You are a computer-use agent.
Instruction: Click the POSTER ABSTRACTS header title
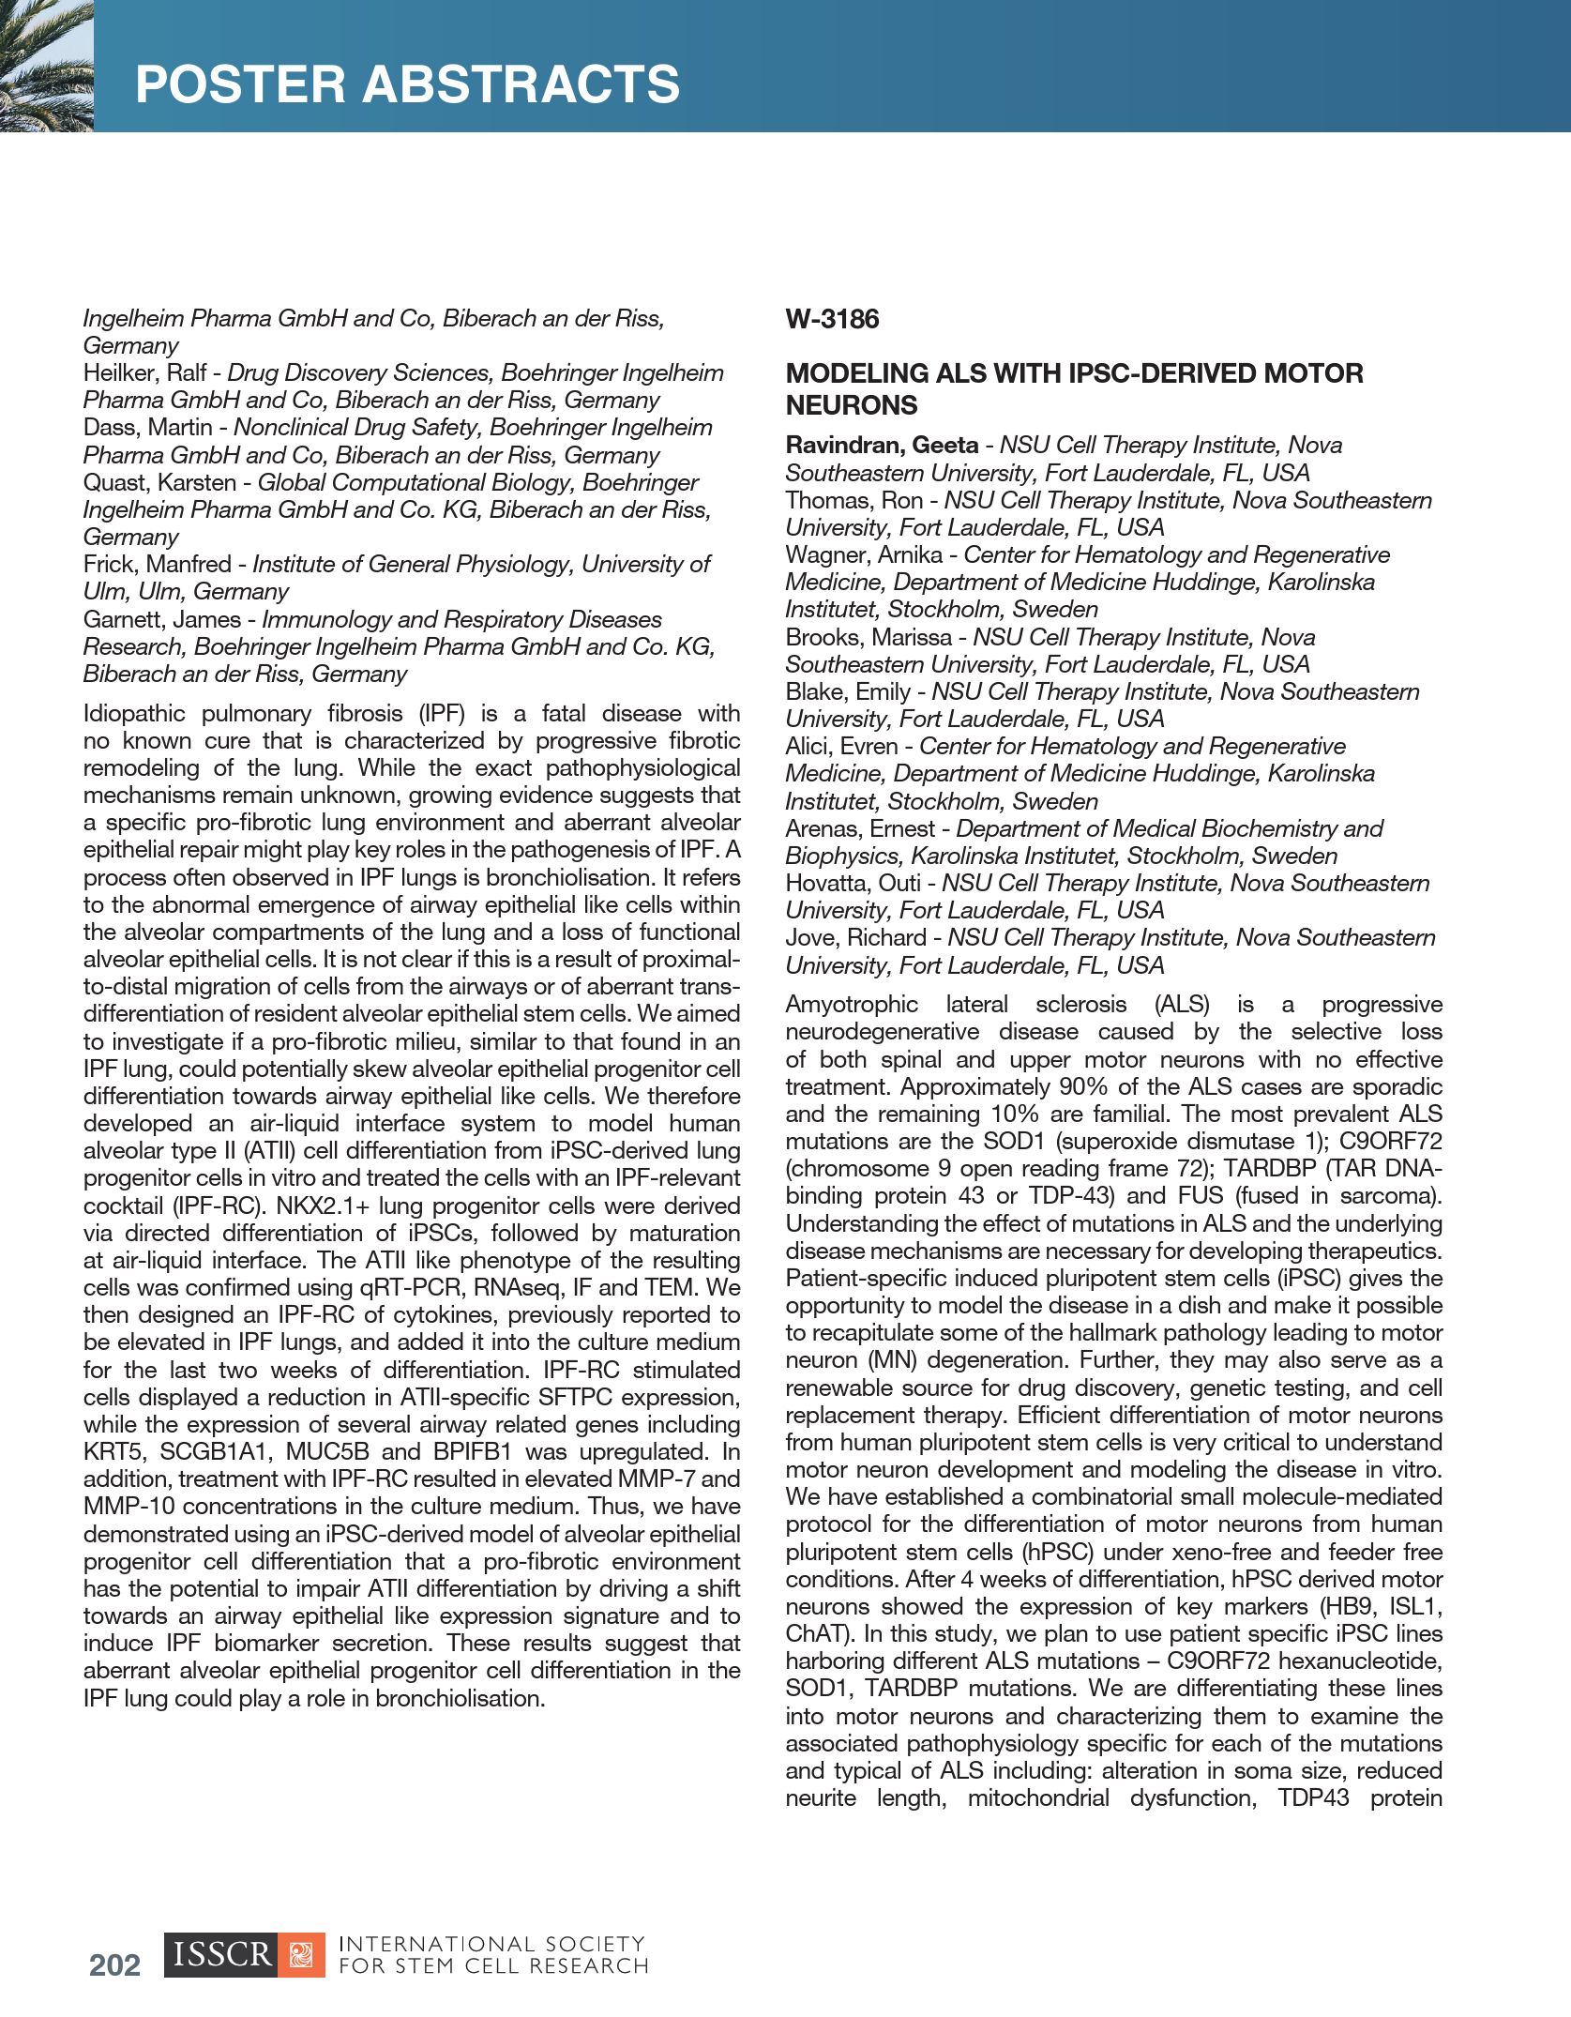[x=407, y=84]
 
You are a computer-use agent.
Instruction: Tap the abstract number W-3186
[x=832, y=320]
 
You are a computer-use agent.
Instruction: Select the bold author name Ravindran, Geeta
[x=882, y=446]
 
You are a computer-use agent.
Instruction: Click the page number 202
[x=114, y=1964]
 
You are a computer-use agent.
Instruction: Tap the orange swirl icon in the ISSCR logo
[x=301, y=1954]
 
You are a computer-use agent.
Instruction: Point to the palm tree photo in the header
[x=46, y=66]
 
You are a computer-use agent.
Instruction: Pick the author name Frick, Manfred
[x=157, y=565]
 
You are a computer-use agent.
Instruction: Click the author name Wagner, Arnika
[x=863, y=555]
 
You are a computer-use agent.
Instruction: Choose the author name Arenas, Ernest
[x=859, y=829]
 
